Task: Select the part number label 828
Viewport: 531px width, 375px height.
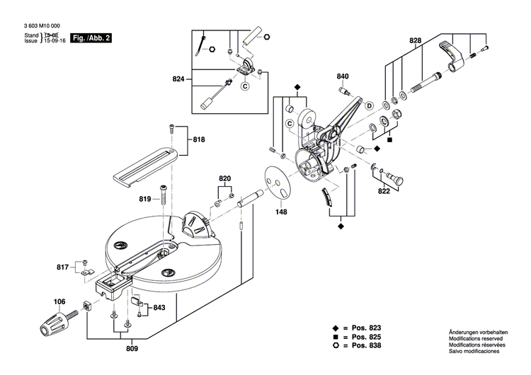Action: point(415,41)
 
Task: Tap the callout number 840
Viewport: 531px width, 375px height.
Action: point(343,76)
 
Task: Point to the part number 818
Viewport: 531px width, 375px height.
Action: point(199,140)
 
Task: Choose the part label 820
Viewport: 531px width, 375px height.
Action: point(225,178)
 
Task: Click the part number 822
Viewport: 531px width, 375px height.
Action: point(384,191)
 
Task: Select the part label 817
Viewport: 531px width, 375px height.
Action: point(63,267)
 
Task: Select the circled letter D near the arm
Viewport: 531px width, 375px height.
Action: point(369,105)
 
